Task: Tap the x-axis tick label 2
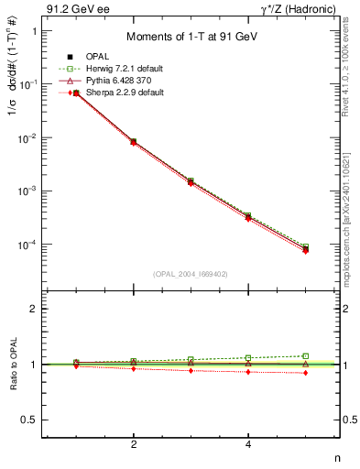(x=134, y=444)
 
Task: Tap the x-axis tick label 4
(x=248, y=444)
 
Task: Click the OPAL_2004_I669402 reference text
(x=191, y=273)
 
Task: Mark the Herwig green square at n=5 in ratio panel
(x=306, y=355)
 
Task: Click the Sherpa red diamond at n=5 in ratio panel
(x=306, y=373)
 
